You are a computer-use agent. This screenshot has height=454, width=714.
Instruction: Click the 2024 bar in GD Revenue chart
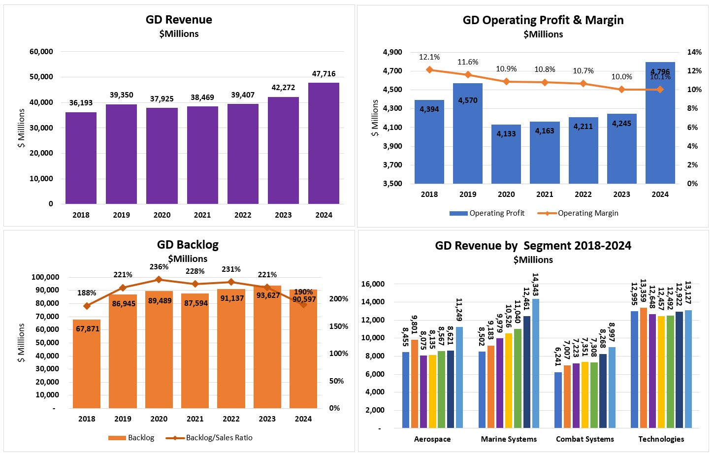(x=324, y=143)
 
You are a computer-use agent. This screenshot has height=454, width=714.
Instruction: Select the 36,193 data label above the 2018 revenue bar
(x=81, y=103)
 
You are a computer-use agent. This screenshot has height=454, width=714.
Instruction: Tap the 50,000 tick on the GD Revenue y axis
(x=41, y=77)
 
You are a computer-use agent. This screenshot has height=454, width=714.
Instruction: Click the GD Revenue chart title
(x=179, y=20)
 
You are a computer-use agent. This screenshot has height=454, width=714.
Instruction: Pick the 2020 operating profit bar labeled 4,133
(x=506, y=154)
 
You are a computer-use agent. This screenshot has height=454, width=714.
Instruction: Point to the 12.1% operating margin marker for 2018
(x=429, y=70)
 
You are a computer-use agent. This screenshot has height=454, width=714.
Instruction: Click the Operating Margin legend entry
(x=587, y=213)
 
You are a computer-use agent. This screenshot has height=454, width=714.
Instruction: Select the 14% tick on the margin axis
(x=694, y=52)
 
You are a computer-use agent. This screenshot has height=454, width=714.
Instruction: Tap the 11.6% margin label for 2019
(x=468, y=62)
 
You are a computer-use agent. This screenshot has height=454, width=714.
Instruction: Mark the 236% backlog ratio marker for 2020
(x=159, y=280)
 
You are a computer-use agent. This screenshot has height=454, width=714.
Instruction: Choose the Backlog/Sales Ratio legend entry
(x=219, y=438)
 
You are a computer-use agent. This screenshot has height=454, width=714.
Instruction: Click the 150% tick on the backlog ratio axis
(x=338, y=326)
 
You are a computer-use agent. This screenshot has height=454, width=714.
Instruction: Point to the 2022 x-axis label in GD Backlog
(x=231, y=419)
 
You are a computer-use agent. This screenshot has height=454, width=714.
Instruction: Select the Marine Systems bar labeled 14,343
(x=535, y=363)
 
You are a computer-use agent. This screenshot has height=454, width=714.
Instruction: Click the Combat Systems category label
(x=584, y=439)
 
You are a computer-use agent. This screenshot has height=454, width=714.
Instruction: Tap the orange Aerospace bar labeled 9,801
(x=415, y=384)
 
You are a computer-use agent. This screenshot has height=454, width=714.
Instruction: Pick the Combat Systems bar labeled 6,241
(x=558, y=400)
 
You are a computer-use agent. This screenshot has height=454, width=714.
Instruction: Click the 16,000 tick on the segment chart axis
(x=373, y=284)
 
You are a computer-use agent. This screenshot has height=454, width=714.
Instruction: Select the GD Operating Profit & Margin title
(x=543, y=20)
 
